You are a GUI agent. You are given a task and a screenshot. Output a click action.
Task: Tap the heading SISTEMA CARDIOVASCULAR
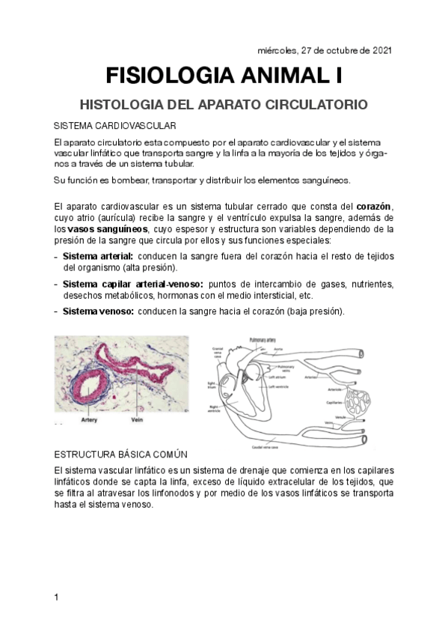tap(115, 125)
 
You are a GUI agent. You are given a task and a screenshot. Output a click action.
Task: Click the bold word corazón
tap(375, 206)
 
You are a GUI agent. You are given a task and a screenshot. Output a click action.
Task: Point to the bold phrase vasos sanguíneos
tap(108, 228)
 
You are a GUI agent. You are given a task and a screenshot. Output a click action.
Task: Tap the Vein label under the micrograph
tap(137, 420)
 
